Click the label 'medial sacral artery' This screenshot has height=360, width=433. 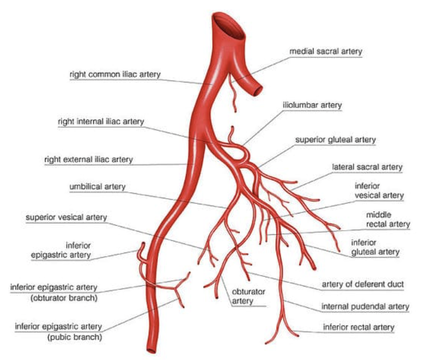click(x=326, y=51)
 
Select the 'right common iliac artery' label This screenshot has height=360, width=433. click(x=115, y=75)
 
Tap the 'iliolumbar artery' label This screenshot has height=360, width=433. click(x=312, y=105)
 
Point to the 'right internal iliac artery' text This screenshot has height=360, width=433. click(x=101, y=122)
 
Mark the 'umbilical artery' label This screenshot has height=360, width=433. click(x=97, y=188)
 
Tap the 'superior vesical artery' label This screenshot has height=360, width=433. click(x=66, y=218)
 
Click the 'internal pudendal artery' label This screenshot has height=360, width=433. click(x=365, y=306)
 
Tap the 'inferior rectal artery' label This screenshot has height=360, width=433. click(x=358, y=327)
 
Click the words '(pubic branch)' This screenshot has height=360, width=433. click(x=74, y=337)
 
